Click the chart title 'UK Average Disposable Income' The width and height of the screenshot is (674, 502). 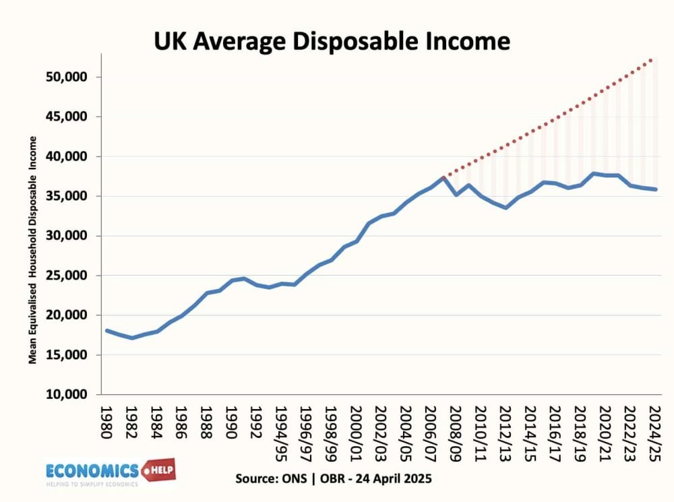point(332,41)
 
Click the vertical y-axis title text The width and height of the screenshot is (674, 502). point(32,249)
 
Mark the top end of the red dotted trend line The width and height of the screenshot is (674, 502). point(652,59)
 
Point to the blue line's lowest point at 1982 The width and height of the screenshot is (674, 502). point(132,338)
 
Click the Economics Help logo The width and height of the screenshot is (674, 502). point(110,472)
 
